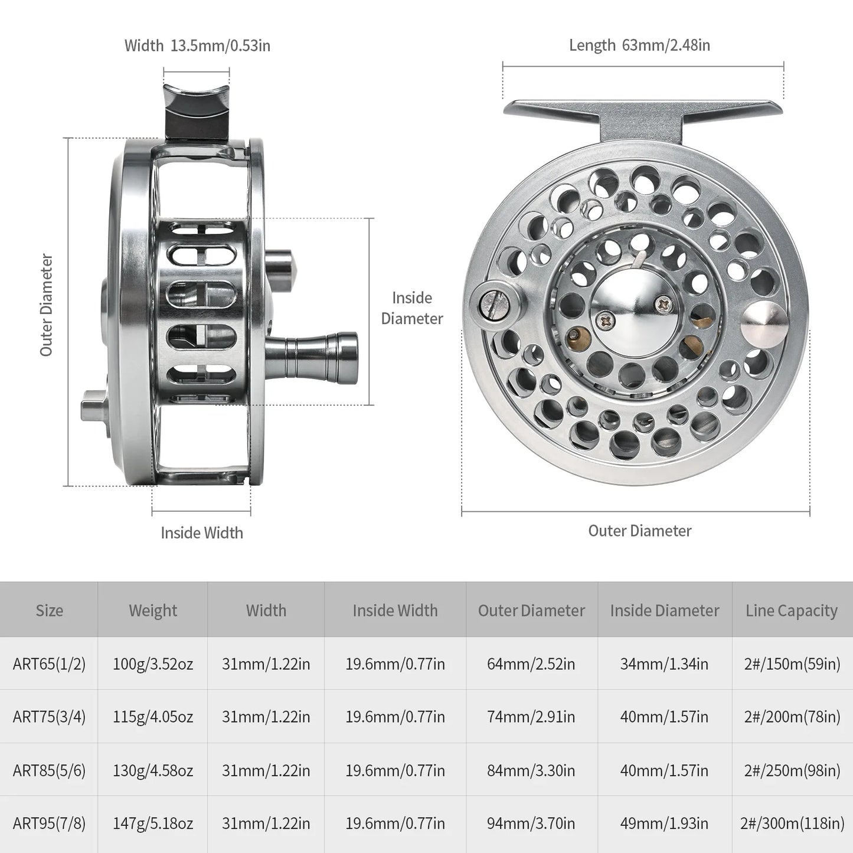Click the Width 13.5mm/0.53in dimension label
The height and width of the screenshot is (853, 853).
[197, 45]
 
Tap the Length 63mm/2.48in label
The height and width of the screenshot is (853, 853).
[639, 45]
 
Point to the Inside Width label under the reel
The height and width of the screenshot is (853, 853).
[202, 532]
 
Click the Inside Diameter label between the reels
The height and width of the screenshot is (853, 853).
[411, 308]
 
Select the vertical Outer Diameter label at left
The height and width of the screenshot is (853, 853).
[47, 305]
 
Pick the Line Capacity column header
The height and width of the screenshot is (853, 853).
[791, 610]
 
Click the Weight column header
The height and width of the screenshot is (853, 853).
[153, 610]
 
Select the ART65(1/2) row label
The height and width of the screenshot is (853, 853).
[49, 664]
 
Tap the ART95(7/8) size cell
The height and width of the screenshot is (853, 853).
[49, 823]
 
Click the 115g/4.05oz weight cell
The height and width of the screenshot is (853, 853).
[153, 717]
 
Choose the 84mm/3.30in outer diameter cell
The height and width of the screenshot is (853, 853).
[531, 770]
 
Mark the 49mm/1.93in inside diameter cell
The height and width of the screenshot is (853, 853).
[664, 823]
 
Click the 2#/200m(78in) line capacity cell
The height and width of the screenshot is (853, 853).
[792, 717]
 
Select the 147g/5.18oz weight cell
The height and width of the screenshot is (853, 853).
[153, 823]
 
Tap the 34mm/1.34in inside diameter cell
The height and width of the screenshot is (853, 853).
[664, 664]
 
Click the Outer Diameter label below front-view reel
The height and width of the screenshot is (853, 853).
[639, 531]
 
